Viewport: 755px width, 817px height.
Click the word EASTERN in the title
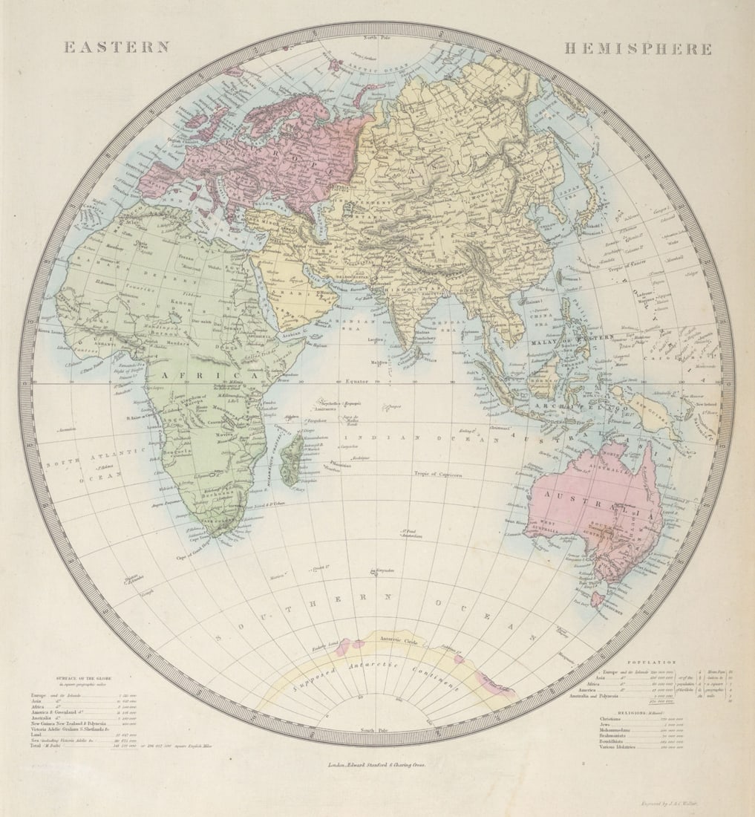pos(117,47)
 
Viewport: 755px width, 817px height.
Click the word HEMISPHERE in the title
pos(638,49)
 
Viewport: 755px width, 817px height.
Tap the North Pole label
pos(377,36)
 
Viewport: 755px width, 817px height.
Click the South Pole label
pos(377,730)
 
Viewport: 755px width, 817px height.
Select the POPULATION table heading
pos(651,661)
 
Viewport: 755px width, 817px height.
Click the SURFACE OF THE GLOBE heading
pos(83,678)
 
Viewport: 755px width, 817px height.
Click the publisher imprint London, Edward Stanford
pos(377,763)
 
